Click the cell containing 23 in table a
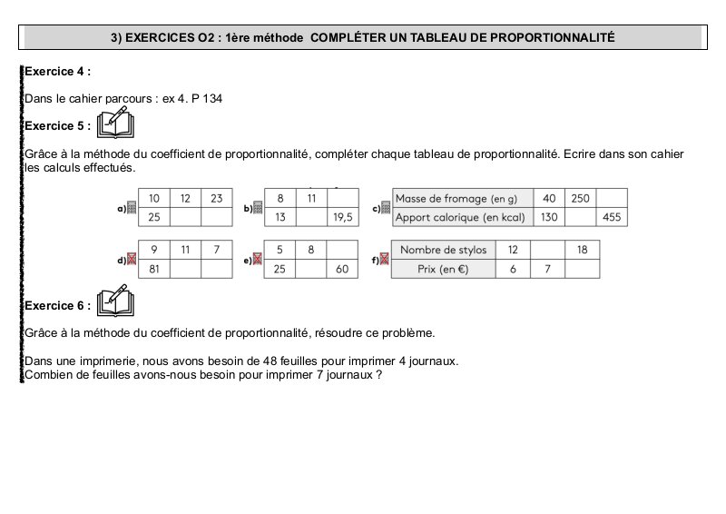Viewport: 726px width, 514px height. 216,199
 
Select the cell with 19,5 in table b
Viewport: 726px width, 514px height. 343,218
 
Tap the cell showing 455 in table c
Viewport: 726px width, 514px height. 612,218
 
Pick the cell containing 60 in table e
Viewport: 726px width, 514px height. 343,269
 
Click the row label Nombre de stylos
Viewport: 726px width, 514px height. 444,250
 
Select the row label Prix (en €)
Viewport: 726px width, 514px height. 444,269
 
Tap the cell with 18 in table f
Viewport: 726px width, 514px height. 582,250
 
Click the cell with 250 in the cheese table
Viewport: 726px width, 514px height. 581,199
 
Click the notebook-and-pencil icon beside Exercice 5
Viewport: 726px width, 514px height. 115,122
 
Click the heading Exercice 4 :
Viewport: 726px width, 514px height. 57,70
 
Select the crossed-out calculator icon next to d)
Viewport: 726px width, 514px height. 132,261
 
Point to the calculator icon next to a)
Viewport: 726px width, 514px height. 132,208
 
